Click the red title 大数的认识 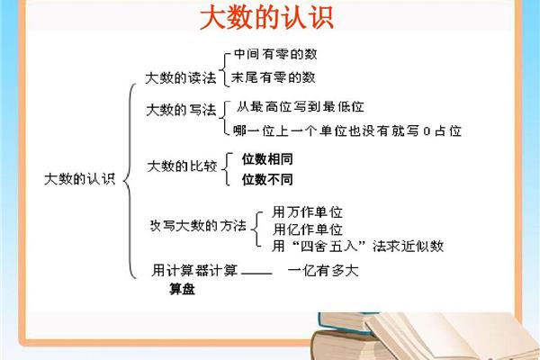(x=267, y=18)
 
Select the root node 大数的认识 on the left (x=79, y=179)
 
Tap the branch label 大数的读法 (x=181, y=78)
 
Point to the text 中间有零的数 (x=275, y=54)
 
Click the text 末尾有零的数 (x=273, y=77)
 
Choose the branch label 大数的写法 (x=181, y=110)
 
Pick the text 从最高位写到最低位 (x=301, y=107)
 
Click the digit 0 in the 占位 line (x=427, y=131)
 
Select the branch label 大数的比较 (x=182, y=166)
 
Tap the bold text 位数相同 (x=267, y=159)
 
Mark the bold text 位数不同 (x=267, y=179)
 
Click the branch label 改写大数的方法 (x=198, y=226)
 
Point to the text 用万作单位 (x=307, y=211)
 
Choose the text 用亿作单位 (x=308, y=229)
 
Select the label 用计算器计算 (x=194, y=270)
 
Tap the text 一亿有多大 (x=323, y=270)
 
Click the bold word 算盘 (x=182, y=289)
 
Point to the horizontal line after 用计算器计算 (x=256, y=274)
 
